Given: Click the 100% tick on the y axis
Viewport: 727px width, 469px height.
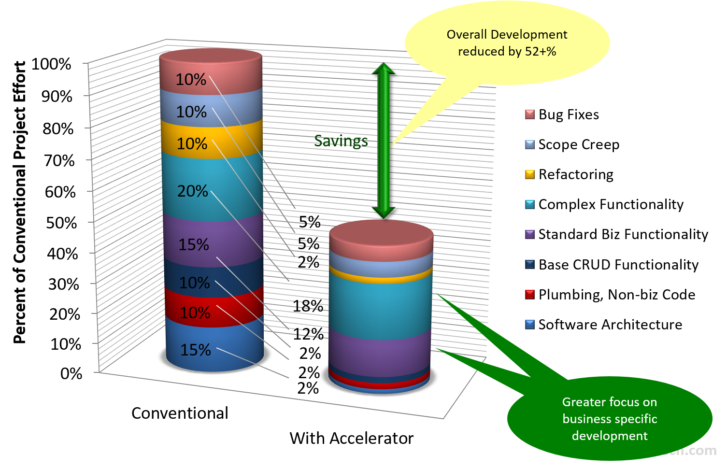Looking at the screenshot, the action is pos(51,64).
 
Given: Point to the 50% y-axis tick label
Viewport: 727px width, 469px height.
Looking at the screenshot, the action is pos(62,223).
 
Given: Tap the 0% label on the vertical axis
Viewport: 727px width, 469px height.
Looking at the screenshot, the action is pos(71,373).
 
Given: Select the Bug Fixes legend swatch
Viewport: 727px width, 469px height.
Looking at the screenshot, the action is pos(529,114).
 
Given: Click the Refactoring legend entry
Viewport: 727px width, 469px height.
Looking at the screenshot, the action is pos(569,174).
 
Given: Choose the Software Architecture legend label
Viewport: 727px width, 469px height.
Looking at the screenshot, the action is pos(611,325).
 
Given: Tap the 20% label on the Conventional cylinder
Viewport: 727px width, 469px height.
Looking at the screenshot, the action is pos(192,191).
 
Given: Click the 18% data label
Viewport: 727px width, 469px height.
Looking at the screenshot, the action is pos(308,306).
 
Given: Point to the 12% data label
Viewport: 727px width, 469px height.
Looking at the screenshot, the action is pos(308,334).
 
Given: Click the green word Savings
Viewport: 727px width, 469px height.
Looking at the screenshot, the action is pos(341,141).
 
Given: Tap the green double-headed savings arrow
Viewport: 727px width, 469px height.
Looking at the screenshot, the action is pos(383,140).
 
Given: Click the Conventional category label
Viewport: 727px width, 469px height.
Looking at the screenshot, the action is pos(180,413).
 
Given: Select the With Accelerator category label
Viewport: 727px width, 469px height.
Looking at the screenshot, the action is pos(352,438).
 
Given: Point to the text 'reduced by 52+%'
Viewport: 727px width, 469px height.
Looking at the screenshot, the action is pos(507,51).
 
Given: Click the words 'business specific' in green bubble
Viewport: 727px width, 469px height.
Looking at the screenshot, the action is pos(610,419).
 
